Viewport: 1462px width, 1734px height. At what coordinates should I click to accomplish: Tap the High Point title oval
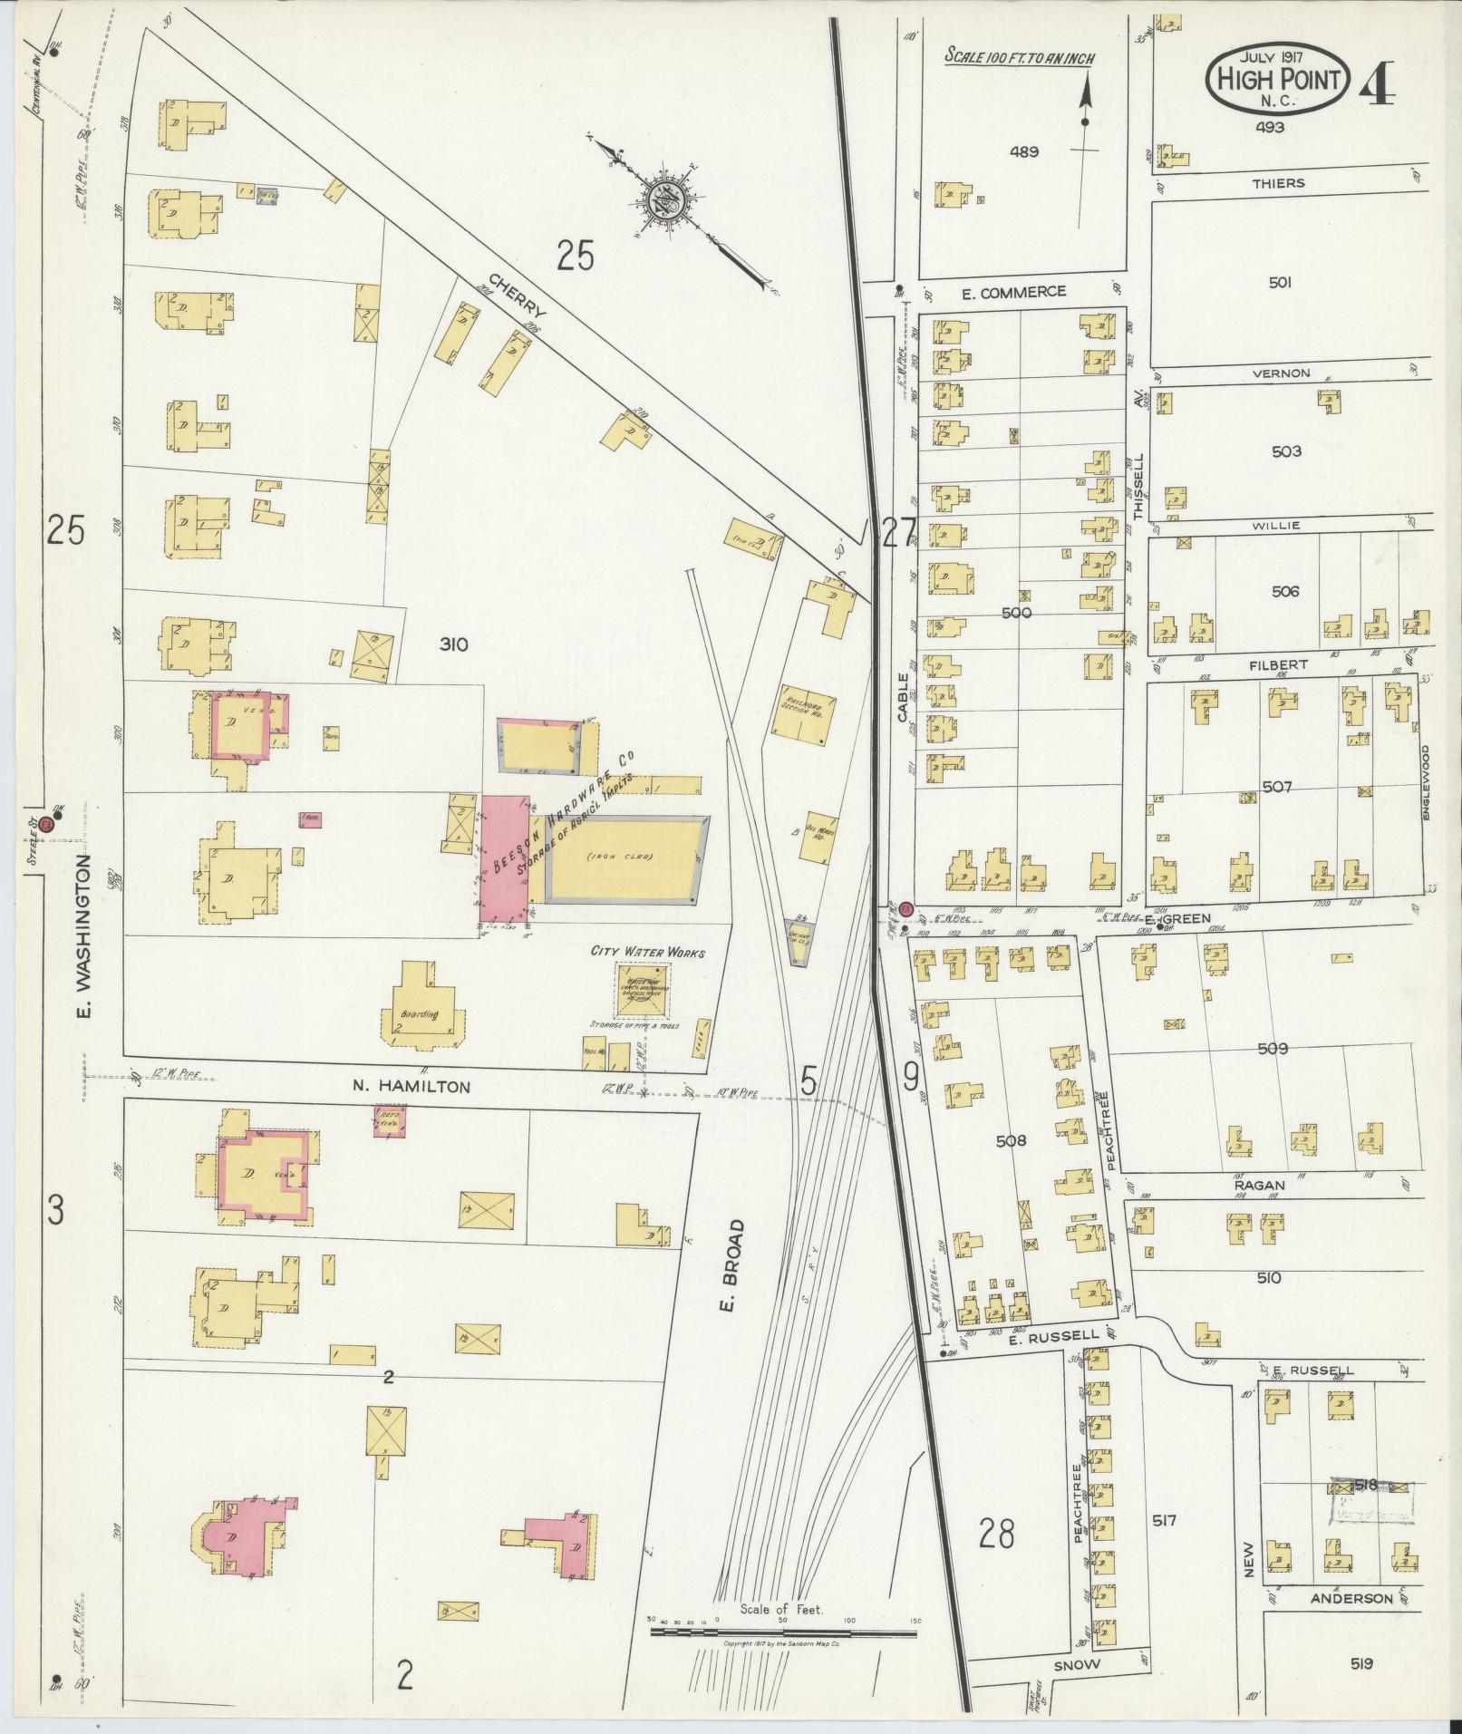(1278, 80)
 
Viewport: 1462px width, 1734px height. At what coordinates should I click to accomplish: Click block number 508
(1010, 1140)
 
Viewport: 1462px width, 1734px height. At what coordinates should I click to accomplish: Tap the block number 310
(452, 644)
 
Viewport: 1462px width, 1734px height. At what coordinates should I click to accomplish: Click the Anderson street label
(1350, 1598)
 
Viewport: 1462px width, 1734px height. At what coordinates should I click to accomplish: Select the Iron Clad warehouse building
(625, 857)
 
